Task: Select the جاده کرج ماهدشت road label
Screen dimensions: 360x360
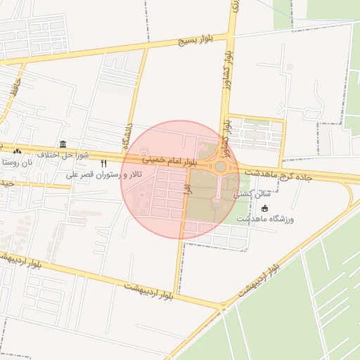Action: click(275, 173)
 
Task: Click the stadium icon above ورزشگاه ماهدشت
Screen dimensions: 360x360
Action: click(264, 208)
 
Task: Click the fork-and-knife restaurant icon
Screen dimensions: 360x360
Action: click(104, 164)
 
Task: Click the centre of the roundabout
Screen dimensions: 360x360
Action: click(220, 167)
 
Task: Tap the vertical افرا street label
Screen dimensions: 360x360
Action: click(187, 188)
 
